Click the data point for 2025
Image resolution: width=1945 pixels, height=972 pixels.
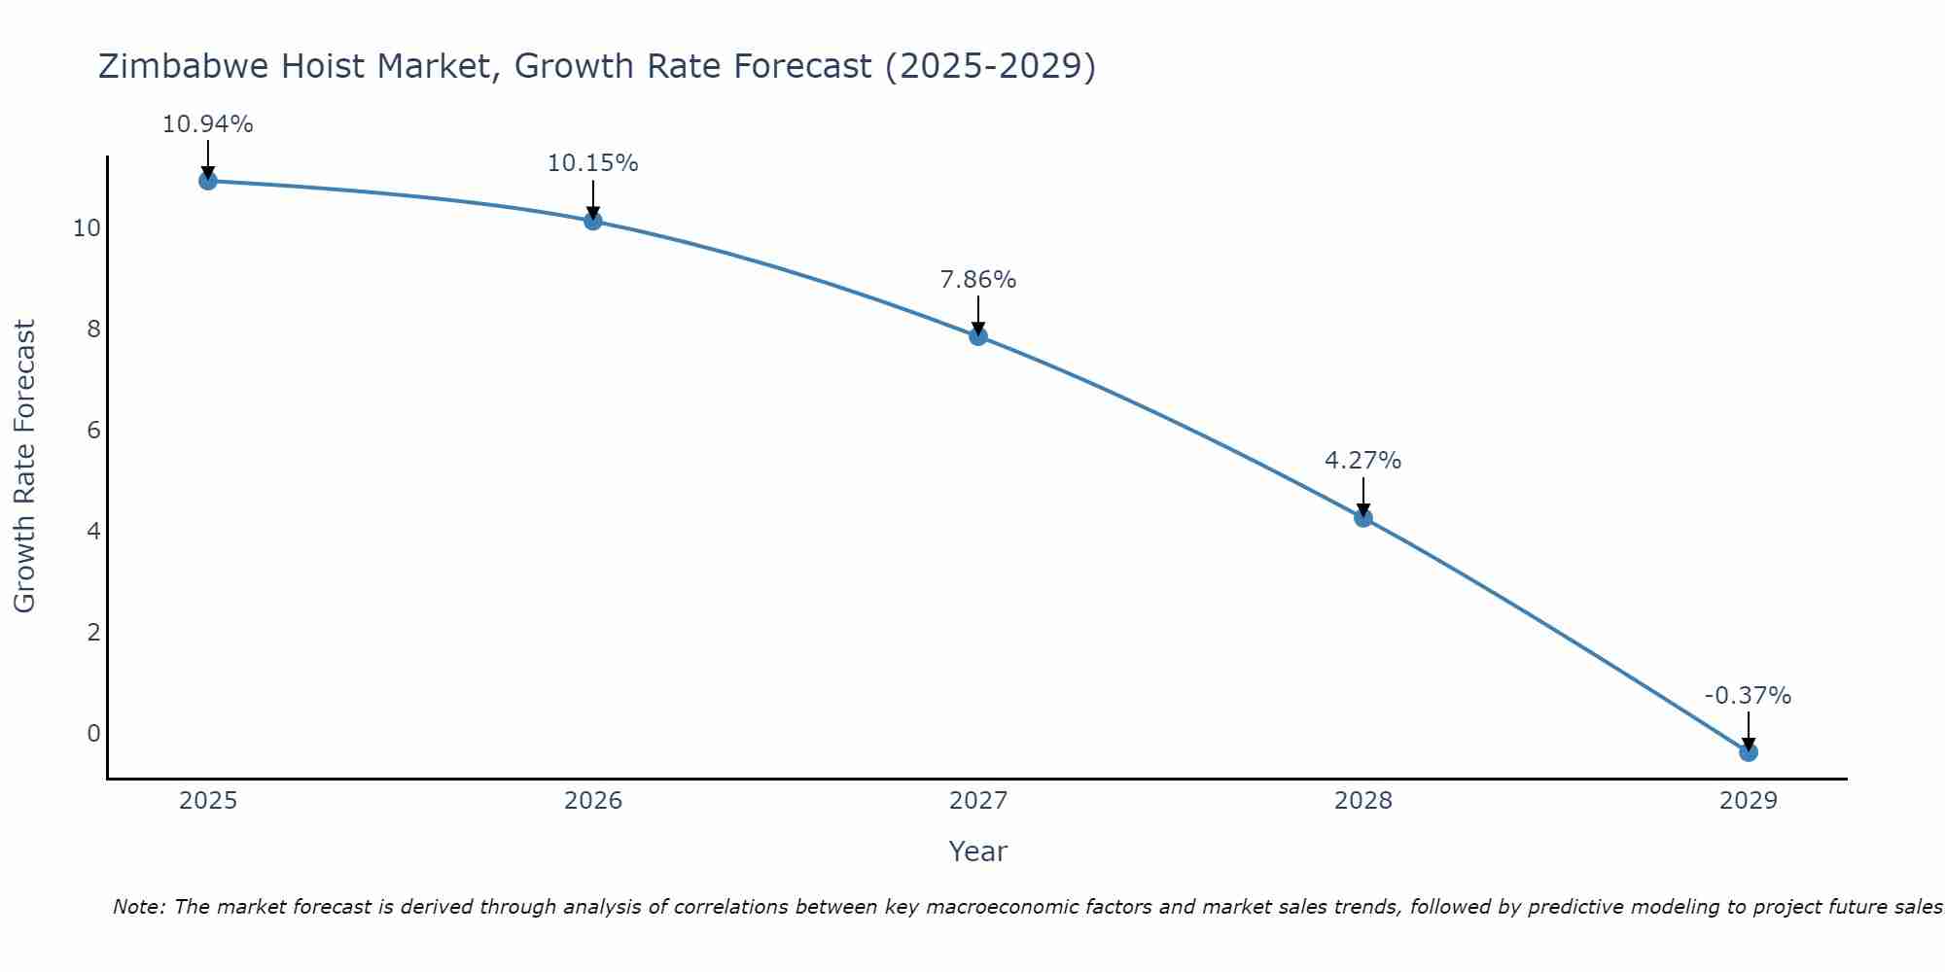207,180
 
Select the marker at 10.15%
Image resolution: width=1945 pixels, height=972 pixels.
592,221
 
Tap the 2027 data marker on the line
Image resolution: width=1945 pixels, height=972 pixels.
978,336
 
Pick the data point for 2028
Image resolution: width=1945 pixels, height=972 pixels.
1363,517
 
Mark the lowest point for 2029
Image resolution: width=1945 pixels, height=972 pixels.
1748,751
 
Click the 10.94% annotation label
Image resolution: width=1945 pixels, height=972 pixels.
207,124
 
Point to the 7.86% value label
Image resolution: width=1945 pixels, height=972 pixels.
978,280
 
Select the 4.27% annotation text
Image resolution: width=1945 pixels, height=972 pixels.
1363,461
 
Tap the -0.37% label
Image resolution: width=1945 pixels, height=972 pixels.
1748,696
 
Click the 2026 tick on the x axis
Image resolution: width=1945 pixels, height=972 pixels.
593,801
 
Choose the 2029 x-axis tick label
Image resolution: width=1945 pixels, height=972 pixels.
1748,801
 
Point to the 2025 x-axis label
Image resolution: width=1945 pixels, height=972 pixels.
208,801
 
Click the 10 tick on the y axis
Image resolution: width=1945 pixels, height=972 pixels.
87,228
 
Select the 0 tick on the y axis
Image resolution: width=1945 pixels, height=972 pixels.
93,734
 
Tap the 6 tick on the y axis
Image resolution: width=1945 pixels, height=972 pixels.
93,431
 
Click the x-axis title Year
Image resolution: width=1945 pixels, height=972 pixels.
977,851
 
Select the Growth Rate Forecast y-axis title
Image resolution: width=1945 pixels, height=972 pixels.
24,467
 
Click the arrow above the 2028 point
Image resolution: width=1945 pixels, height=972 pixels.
1363,496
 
